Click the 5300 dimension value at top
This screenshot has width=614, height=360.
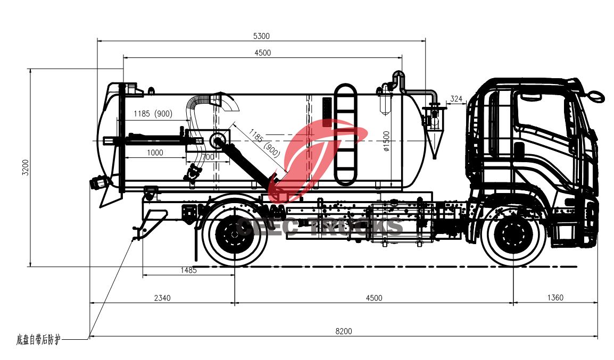point(261,36)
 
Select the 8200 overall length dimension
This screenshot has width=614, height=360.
point(343,331)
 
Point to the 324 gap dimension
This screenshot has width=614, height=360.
point(456,99)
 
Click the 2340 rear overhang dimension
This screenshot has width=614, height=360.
point(162,298)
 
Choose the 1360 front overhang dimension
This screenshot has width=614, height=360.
point(554,298)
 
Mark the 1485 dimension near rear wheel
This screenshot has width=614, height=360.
point(188,270)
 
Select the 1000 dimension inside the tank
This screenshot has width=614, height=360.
point(155,153)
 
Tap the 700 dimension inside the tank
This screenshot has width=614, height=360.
point(208,157)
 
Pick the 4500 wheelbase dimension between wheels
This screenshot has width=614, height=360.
point(374,298)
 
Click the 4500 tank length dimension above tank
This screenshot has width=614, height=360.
point(262,53)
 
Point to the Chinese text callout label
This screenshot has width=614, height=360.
point(38,339)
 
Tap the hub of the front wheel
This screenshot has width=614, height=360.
point(512,234)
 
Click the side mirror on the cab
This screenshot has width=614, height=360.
point(596,96)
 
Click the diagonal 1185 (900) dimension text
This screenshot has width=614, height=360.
point(264,143)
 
